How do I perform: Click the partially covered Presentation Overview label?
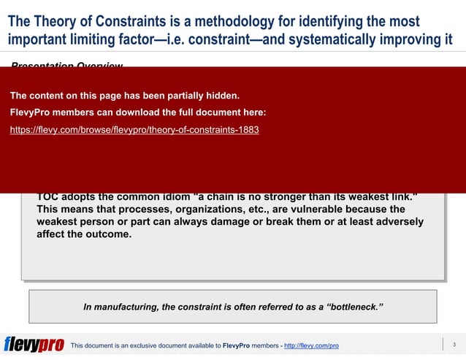point(66,66)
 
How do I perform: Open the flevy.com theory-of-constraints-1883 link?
point(134,130)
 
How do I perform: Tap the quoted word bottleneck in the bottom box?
point(350,307)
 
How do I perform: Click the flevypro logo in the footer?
point(34,345)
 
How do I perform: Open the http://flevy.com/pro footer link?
point(311,345)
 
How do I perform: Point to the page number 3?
point(454,345)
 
